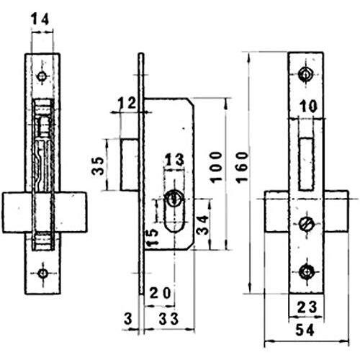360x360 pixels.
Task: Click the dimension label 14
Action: pos(40,19)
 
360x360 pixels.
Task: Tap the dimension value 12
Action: pos(127,104)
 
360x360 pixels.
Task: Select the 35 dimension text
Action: pos(99,166)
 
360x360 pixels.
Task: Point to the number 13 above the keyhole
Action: pos(174,160)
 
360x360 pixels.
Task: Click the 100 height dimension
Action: pos(216,167)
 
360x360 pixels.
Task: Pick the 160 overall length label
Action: pos(242,167)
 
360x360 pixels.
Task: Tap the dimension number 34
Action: pos(202,225)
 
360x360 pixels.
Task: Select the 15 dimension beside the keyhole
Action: pos(153,238)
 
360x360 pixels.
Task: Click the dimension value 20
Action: pos(161,292)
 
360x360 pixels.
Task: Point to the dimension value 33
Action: pos(168,319)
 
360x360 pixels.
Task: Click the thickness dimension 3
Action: pos(128,319)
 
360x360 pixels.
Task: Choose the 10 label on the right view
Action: pos(308,106)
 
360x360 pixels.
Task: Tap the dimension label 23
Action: pos(307,307)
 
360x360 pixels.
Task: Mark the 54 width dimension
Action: pos(305,330)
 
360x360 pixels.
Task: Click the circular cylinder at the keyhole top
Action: pos(174,198)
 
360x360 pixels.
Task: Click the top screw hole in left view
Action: pos(42,76)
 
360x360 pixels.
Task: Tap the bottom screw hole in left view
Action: pos(42,273)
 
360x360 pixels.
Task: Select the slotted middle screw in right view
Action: pos(306,224)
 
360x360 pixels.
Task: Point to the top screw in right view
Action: pos(306,74)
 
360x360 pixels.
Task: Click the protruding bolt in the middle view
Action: pos(129,165)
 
